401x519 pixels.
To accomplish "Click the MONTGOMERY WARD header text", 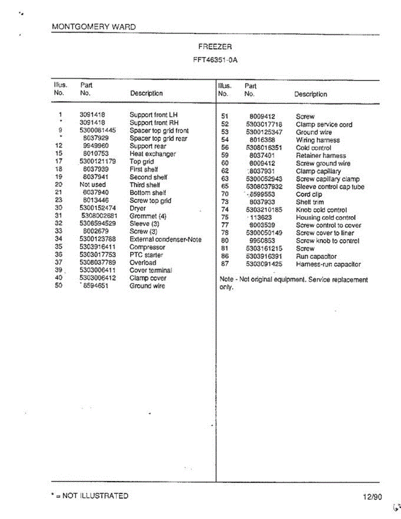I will [x=93, y=27].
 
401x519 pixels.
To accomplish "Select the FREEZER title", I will [x=215, y=47].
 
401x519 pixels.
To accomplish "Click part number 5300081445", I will [x=97, y=131].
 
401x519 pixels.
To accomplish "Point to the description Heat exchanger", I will [x=153, y=154].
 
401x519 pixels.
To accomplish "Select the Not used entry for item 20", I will [x=93, y=185].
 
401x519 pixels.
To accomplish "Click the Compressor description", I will [x=147, y=247].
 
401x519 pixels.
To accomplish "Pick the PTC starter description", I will [x=146, y=255].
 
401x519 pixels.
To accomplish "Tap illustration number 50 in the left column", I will [x=59, y=285].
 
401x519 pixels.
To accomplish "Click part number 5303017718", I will [x=264, y=125].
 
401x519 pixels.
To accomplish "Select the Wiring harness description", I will [x=318, y=140].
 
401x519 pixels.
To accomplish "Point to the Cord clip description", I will [x=309, y=195].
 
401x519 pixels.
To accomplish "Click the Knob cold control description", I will [x=321, y=210].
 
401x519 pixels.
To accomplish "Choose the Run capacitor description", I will [x=316, y=256].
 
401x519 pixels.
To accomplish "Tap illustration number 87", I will [x=225, y=264].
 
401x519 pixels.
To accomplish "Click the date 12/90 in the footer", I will [x=372, y=497].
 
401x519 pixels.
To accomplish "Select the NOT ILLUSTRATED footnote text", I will [x=90, y=496].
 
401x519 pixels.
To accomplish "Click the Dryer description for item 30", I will [x=138, y=208].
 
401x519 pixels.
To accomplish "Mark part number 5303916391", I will [x=264, y=256].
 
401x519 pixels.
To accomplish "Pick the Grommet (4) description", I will [x=148, y=216].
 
